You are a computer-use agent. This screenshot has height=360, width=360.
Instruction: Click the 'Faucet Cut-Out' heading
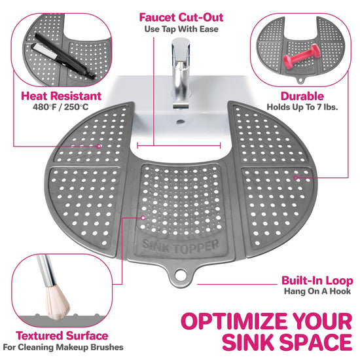[x=181, y=18]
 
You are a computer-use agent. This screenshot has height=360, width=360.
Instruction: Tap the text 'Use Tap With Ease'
[x=181, y=29]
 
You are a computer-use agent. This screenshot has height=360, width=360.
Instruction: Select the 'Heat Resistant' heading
[x=61, y=96]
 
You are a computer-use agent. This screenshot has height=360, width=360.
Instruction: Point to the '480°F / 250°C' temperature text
[x=60, y=107]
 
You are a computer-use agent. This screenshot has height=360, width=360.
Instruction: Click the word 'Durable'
[x=302, y=96]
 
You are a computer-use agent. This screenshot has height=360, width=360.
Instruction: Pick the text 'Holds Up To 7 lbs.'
[x=302, y=107]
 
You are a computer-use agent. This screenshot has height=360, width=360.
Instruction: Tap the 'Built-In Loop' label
[x=317, y=281]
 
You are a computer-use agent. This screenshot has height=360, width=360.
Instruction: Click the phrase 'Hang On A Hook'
[x=317, y=291]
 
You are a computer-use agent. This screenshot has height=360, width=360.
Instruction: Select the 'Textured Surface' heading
[x=62, y=336]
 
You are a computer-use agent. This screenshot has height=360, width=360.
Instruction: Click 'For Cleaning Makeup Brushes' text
[x=63, y=347]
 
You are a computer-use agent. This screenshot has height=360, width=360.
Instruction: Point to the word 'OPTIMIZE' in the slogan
[x=232, y=321]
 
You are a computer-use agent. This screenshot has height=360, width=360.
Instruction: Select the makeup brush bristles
[x=57, y=302]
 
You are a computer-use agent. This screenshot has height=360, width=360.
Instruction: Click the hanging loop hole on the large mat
[x=181, y=274]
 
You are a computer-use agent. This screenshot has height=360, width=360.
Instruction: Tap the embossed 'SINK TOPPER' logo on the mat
[x=181, y=246]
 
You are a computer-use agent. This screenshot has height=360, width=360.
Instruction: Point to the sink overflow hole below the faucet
[x=181, y=122]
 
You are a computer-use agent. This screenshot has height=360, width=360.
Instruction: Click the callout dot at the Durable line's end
[x=296, y=177]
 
